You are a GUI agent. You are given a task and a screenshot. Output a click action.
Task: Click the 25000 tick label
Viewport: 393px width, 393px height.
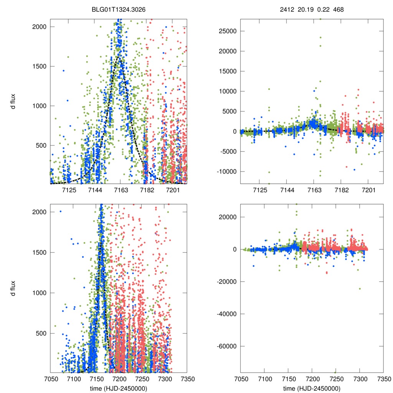(x=227, y=31)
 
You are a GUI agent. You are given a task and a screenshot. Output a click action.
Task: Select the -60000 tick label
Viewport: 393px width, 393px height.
(x=227, y=346)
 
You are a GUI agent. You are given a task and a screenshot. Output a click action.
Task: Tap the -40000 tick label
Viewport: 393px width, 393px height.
(x=227, y=314)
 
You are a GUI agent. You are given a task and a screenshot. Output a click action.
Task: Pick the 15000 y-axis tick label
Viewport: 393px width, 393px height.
(x=227, y=71)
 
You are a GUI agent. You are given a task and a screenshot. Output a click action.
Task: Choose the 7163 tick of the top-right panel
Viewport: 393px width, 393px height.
(x=314, y=190)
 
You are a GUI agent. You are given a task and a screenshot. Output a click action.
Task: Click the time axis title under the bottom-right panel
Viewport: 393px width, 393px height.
(x=312, y=388)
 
